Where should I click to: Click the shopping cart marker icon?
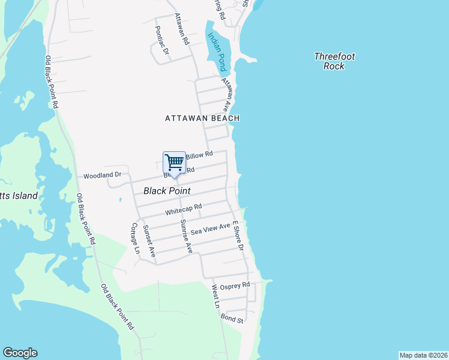tap(174, 163)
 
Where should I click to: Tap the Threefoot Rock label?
tap(334, 61)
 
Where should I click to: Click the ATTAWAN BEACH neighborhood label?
tap(202, 118)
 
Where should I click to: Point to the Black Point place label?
tap(167, 191)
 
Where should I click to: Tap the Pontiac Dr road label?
tap(161, 40)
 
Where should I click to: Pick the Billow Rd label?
tap(200, 155)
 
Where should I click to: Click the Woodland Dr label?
tap(102, 175)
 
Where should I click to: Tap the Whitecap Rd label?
tap(183, 209)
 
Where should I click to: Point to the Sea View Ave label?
tap(210, 229)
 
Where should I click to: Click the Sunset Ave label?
tap(149, 241)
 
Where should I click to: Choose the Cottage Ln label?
tap(135, 239)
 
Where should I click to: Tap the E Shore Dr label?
tap(238, 235)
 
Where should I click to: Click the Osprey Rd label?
tap(234, 286)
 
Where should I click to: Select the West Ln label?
tap(215, 296)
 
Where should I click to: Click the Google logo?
tap(20, 353)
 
